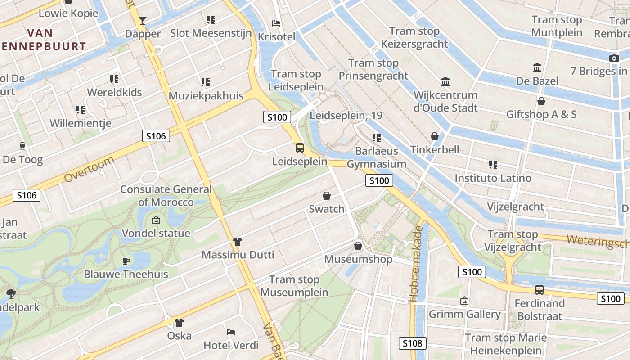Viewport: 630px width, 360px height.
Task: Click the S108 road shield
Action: (x=412, y=343)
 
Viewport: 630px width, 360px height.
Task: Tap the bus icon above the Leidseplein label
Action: (x=299, y=148)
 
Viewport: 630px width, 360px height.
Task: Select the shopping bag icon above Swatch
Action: (x=327, y=196)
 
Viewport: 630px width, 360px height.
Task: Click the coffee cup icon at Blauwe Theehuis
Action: (x=126, y=261)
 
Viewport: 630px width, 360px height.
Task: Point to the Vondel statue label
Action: (x=156, y=234)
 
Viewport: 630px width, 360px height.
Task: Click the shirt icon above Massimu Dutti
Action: (x=238, y=242)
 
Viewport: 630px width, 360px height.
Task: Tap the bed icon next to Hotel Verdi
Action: (x=231, y=332)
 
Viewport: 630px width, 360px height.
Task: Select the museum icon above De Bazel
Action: (x=537, y=68)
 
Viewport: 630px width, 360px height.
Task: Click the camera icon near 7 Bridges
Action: (x=614, y=58)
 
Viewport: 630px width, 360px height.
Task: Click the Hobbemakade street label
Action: (x=417, y=263)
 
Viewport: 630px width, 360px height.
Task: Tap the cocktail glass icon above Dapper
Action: (x=143, y=20)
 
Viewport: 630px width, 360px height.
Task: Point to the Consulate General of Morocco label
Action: (x=166, y=196)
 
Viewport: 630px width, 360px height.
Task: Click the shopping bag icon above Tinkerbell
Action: (x=435, y=136)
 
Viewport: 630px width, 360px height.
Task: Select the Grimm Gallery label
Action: (x=464, y=314)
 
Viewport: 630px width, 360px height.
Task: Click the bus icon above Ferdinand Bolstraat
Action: (x=539, y=290)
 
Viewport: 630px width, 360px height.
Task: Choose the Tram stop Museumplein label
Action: (x=294, y=286)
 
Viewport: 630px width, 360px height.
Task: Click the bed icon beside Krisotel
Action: (x=276, y=23)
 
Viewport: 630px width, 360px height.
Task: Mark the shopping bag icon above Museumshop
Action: (x=358, y=246)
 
